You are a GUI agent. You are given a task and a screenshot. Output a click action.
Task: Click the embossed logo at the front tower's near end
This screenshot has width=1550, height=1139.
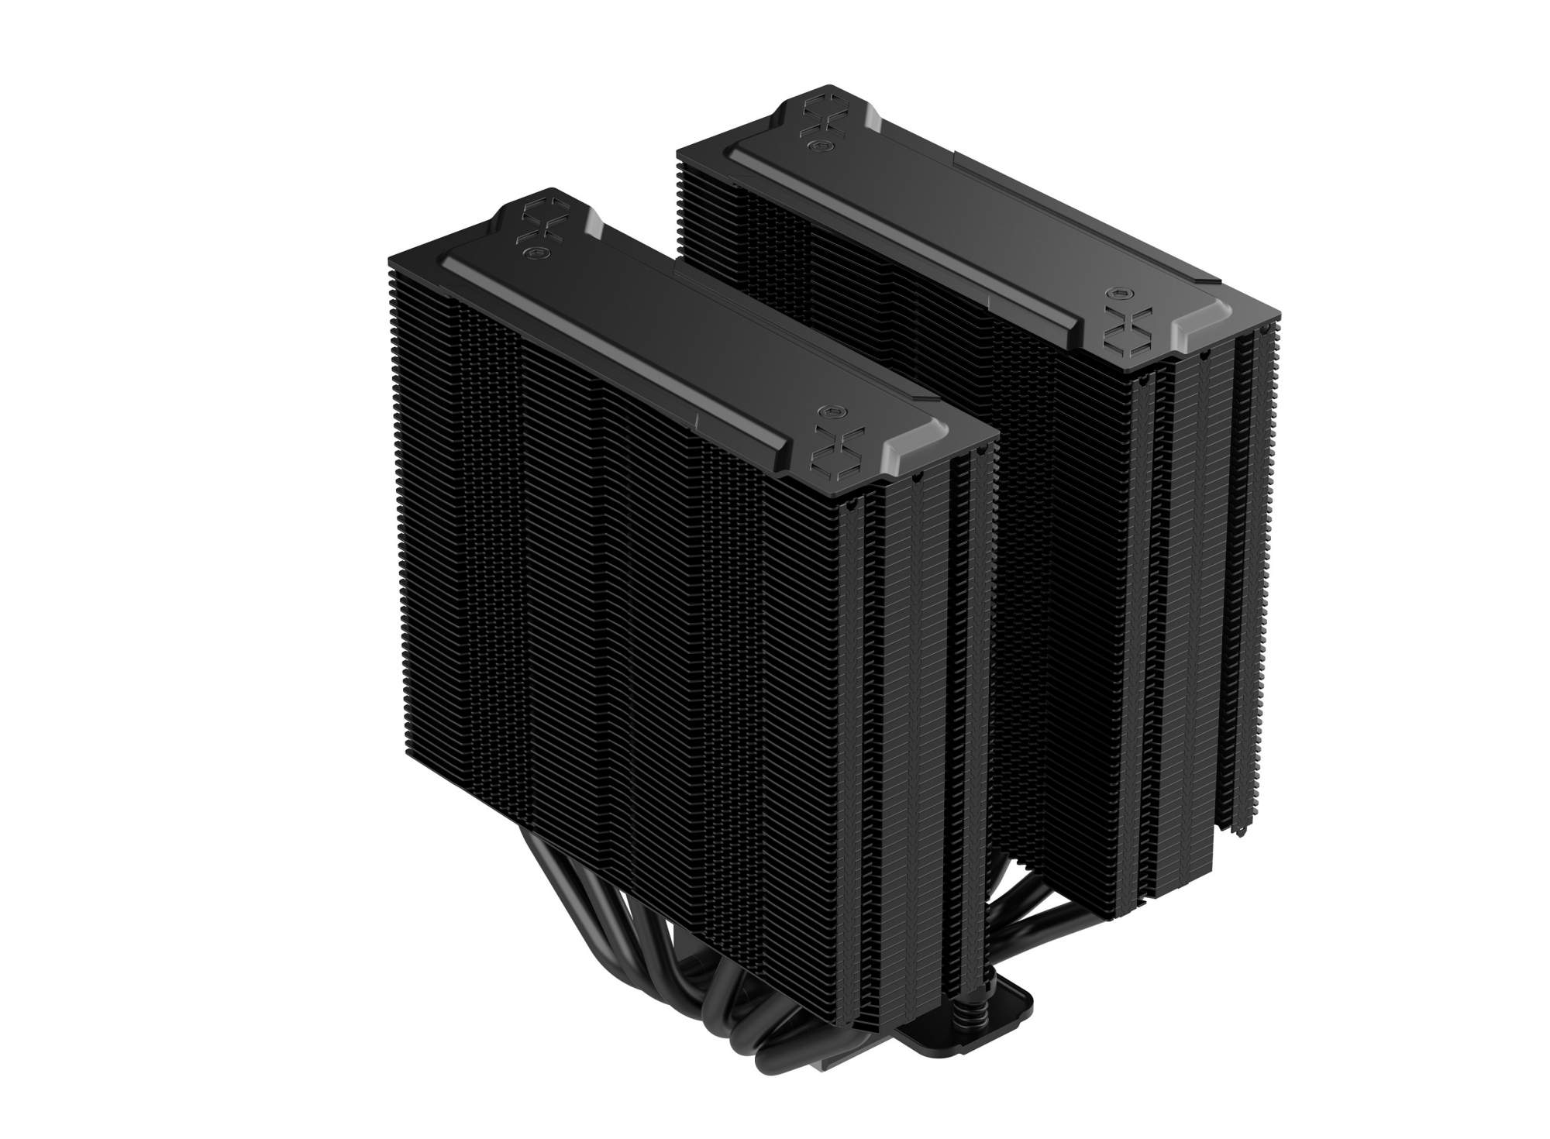point(828,446)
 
